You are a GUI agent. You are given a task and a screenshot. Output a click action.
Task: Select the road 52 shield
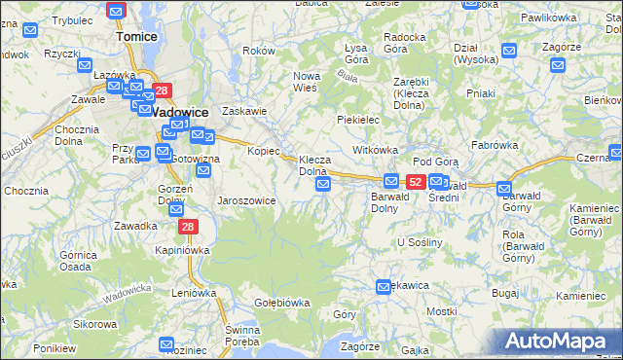click(416, 181)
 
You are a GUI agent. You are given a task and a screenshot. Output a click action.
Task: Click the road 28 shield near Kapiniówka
click(187, 227)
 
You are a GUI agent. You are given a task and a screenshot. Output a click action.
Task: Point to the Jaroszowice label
click(246, 200)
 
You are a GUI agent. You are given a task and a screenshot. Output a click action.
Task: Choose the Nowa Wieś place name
click(308, 82)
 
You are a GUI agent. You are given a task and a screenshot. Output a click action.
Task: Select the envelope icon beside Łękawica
click(384, 286)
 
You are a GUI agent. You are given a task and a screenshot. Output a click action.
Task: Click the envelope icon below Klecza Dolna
click(324, 184)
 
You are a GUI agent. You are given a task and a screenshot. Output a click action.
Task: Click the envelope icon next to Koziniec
click(165, 343)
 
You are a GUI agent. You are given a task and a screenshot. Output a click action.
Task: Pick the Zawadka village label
click(134, 226)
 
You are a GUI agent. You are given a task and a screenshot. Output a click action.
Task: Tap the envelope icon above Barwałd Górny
click(504, 189)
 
